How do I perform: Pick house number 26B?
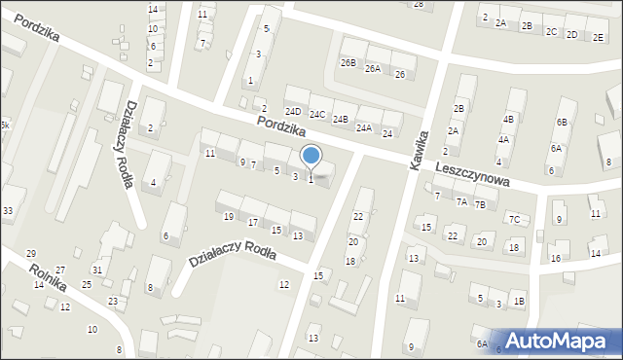click(x=348, y=62)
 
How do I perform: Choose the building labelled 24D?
click(x=293, y=111)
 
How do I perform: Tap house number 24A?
click(x=364, y=127)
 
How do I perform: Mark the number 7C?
click(x=513, y=219)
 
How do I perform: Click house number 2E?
click(x=598, y=35)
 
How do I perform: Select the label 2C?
click(x=551, y=31)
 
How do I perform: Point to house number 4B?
click(x=508, y=119)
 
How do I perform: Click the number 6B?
click(x=561, y=122)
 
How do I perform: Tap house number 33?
click(x=8, y=211)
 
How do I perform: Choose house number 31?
click(x=96, y=270)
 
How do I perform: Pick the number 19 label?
click(x=229, y=216)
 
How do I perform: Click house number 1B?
click(x=519, y=302)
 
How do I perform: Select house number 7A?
click(x=462, y=202)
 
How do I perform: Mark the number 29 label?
click(x=30, y=253)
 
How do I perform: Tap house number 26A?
click(x=373, y=69)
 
